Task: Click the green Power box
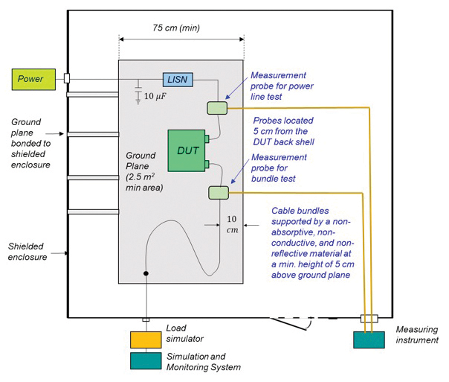tap(32, 79)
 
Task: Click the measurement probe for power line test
tap(217, 108)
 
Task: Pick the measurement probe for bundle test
tap(219, 193)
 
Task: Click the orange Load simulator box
tap(146, 339)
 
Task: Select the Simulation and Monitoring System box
tap(146, 360)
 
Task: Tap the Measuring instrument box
tap(374, 339)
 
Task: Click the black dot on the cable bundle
tap(146, 275)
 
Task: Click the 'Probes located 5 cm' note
tap(283, 130)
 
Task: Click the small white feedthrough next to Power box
tap(67, 78)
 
